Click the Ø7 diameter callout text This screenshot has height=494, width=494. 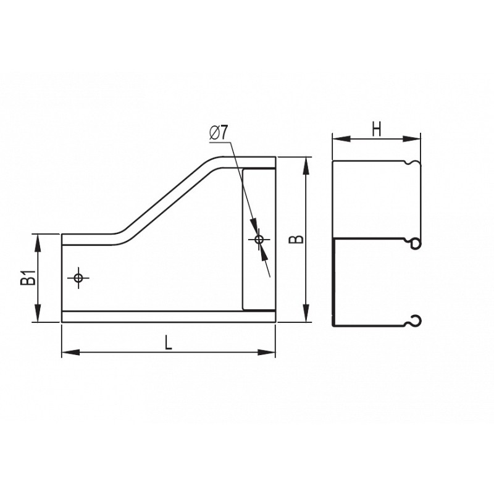(x=218, y=132)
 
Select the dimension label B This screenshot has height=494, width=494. (x=296, y=239)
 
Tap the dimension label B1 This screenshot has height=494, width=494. (x=28, y=277)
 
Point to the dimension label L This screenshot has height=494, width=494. (x=169, y=343)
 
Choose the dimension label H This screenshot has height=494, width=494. (x=377, y=129)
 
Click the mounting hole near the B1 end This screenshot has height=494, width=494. (x=78, y=278)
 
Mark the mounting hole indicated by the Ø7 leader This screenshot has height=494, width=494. (x=259, y=240)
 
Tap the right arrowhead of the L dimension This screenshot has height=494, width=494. (x=266, y=352)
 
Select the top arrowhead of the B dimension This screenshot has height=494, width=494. (x=306, y=165)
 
